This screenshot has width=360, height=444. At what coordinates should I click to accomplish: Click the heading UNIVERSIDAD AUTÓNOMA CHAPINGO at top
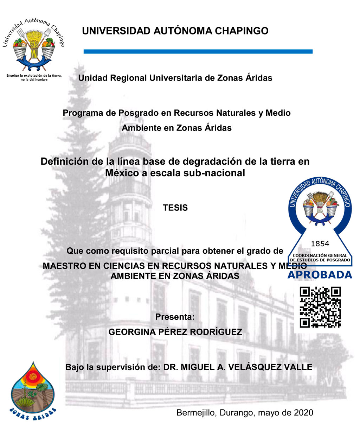point(175,31)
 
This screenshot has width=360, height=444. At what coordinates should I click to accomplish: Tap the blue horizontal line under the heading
point(198,52)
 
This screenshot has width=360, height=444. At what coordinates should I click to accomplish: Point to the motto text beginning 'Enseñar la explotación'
point(34,77)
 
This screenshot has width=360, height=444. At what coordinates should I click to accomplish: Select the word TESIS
point(175,208)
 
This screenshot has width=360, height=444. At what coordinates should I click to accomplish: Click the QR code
point(320,307)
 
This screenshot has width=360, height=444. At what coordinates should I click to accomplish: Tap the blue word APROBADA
point(320,275)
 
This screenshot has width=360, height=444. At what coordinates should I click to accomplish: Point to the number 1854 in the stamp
point(320,244)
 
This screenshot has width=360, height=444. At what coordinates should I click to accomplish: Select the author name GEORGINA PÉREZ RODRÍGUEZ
point(175,332)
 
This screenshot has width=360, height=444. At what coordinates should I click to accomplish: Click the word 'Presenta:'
point(175,317)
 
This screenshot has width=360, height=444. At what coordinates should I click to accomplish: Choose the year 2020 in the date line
point(303,413)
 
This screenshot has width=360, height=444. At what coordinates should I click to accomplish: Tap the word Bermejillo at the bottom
point(197,413)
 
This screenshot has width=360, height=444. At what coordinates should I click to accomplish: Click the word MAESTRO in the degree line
point(65,266)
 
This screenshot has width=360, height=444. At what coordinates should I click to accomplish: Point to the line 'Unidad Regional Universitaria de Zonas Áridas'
point(175,78)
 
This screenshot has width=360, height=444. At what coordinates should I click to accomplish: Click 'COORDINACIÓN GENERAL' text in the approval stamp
point(320,255)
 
